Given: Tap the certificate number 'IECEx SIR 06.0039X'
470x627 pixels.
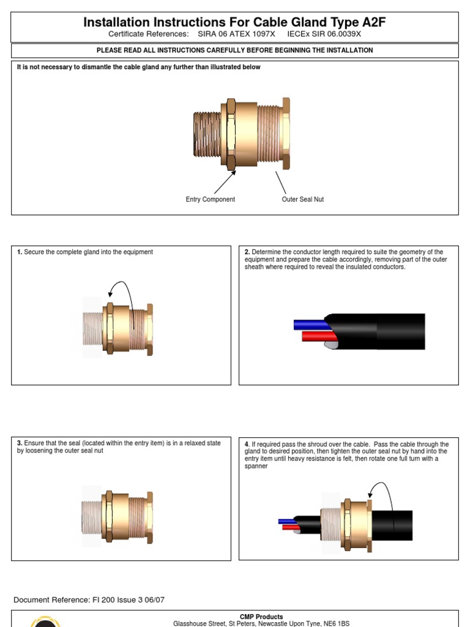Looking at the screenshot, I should (324, 34).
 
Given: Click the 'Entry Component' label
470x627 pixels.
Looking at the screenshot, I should (210, 200).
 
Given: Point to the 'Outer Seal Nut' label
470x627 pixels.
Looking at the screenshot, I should (303, 200).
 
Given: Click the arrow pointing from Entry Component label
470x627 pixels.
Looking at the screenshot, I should (225, 182).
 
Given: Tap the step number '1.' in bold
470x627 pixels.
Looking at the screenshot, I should (20, 252).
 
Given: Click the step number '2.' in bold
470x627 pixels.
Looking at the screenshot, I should (247, 252).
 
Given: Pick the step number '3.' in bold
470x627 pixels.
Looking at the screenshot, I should (20, 443).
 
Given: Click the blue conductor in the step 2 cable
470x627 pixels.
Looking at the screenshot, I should (309, 325).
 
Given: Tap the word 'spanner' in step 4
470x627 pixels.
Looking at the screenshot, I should (256, 466).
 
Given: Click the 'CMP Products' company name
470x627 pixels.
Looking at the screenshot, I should (261, 617).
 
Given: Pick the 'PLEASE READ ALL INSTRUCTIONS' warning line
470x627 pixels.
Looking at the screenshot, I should (235, 50).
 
